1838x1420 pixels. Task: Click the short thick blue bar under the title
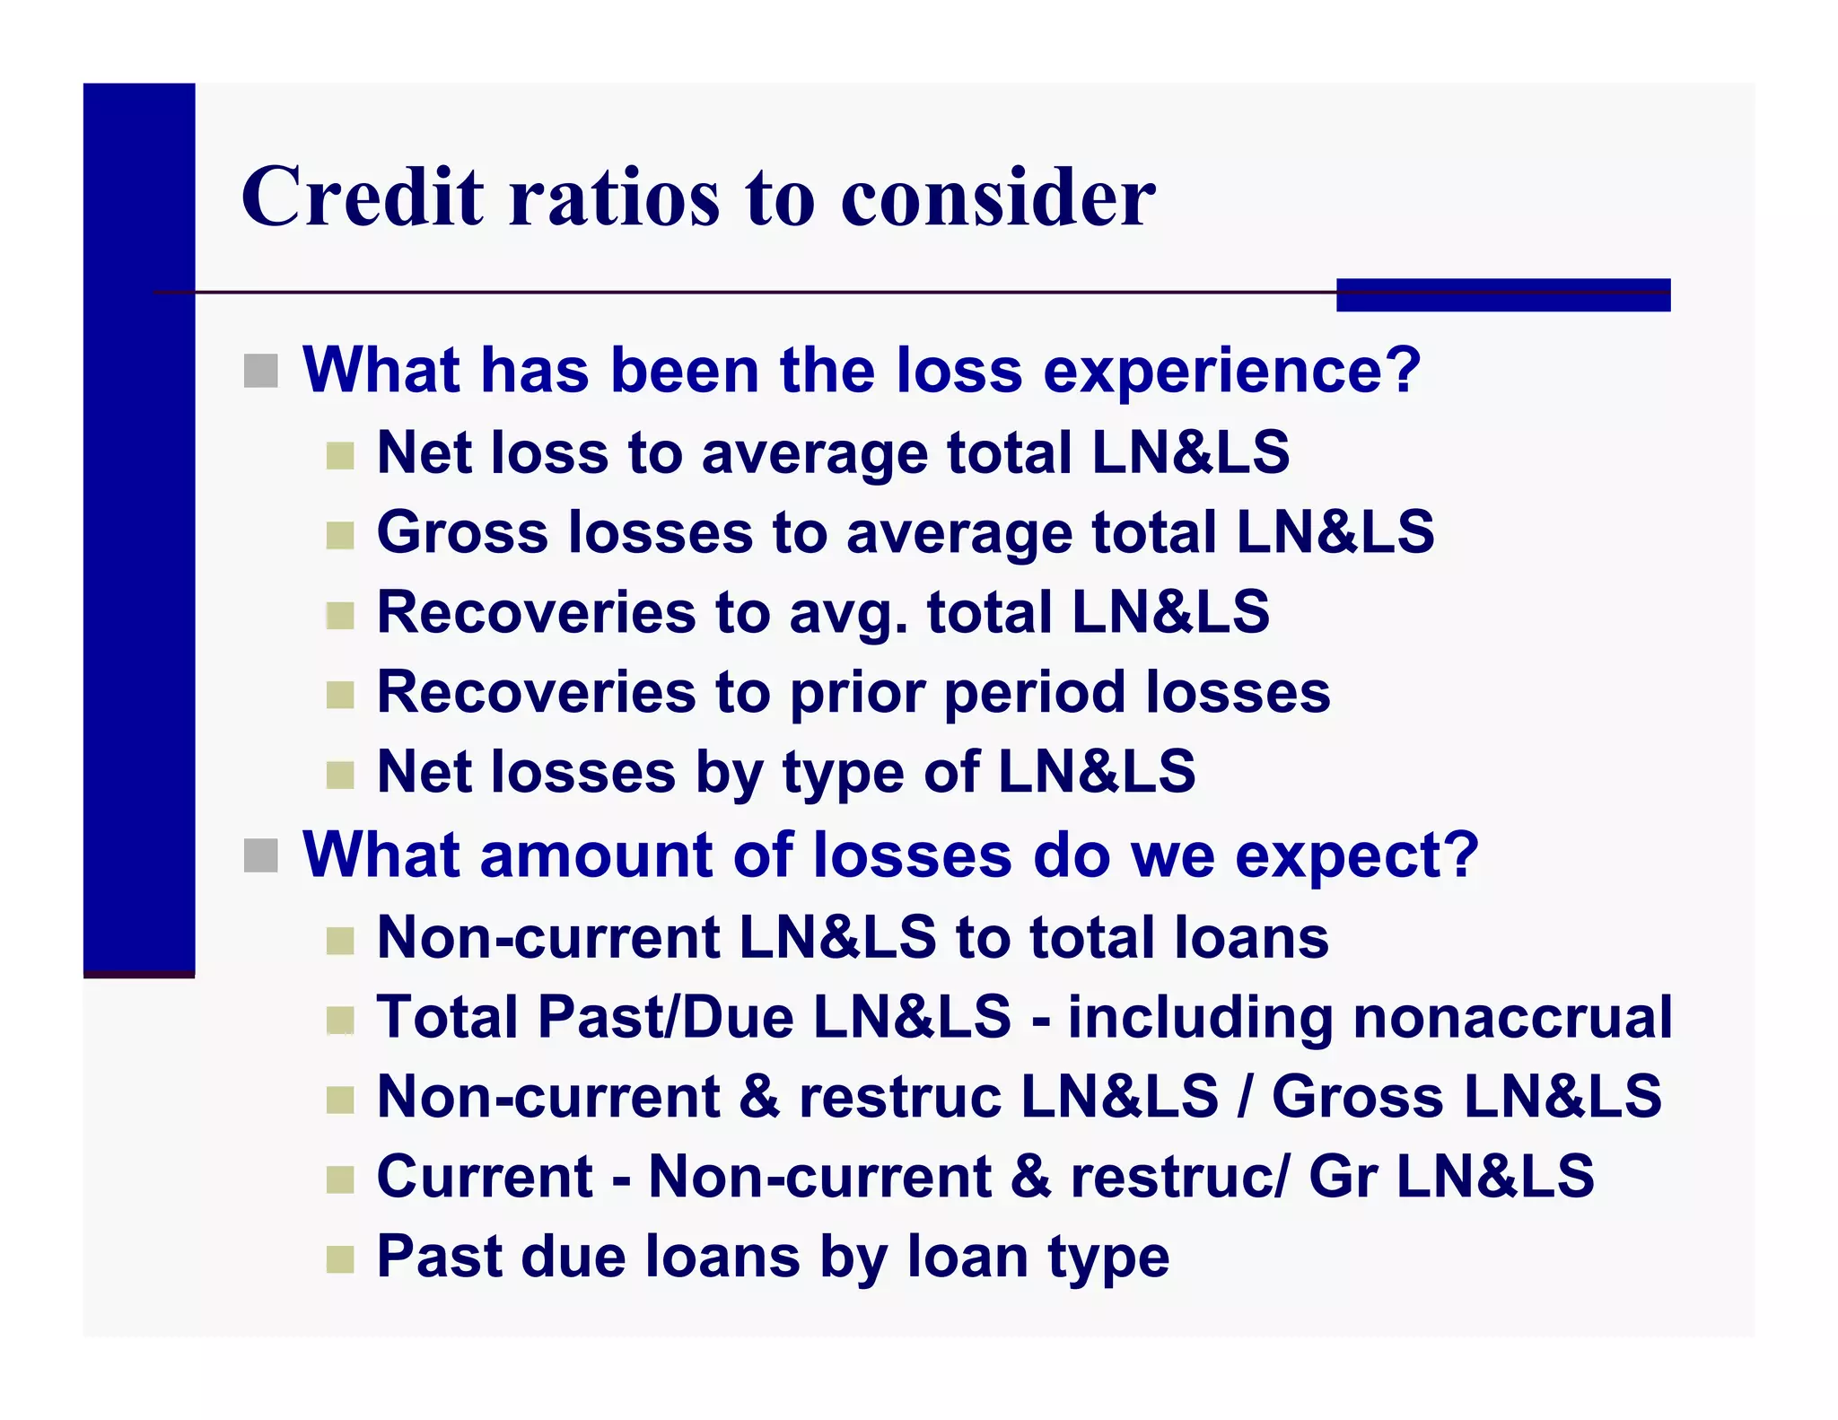[x=1502, y=294]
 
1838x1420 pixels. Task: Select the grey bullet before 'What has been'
[x=260, y=371]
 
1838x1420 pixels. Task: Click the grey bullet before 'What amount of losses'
[x=260, y=855]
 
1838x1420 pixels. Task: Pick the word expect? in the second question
[x=1356, y=855]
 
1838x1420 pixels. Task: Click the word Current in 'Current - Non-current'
[x=485, y=1177]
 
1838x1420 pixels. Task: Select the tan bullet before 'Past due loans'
[x=340, y=1259]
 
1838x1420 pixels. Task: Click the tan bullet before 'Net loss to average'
[x=340, y=455]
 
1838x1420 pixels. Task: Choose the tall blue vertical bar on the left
[x=139, y=530]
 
